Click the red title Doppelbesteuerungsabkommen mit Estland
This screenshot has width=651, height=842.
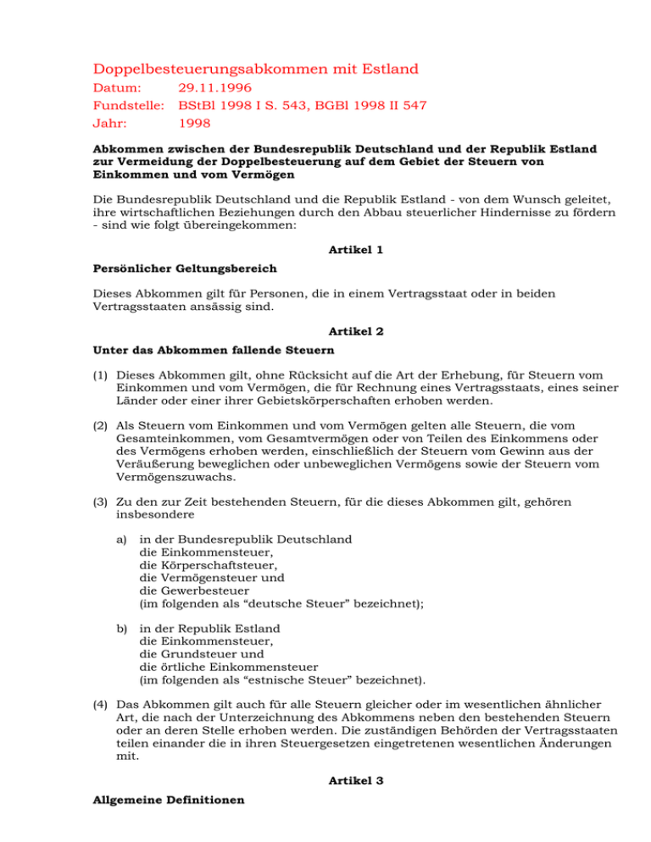point(243,68)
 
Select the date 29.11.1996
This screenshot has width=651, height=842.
point(216,88)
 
